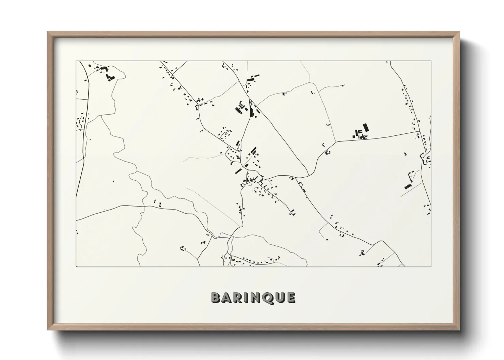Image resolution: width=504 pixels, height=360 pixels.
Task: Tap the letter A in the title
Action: pyautogui.click(x=227, y=298)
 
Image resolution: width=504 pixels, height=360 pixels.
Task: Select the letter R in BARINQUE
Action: pyautogui.click(x=238, y=298)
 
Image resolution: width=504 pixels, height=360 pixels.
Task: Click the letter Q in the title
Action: pyautogui.click(x=267, y=298)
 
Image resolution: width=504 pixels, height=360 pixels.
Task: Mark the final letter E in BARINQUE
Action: pyautogui.click(x=290, y=298)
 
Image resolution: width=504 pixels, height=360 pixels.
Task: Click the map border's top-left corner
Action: pyautogui.click(x=76, y=61)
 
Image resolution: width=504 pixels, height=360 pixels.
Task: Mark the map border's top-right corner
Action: pyautogui.click(x=431, y=61)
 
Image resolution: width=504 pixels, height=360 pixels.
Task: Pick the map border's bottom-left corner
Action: pyautogui.click(x=76, y=267)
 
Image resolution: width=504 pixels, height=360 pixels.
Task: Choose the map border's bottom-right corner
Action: pyautogui.click(x=431, y=267)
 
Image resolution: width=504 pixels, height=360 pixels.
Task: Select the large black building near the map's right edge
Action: pyautogui.click(x=408, y=186)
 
